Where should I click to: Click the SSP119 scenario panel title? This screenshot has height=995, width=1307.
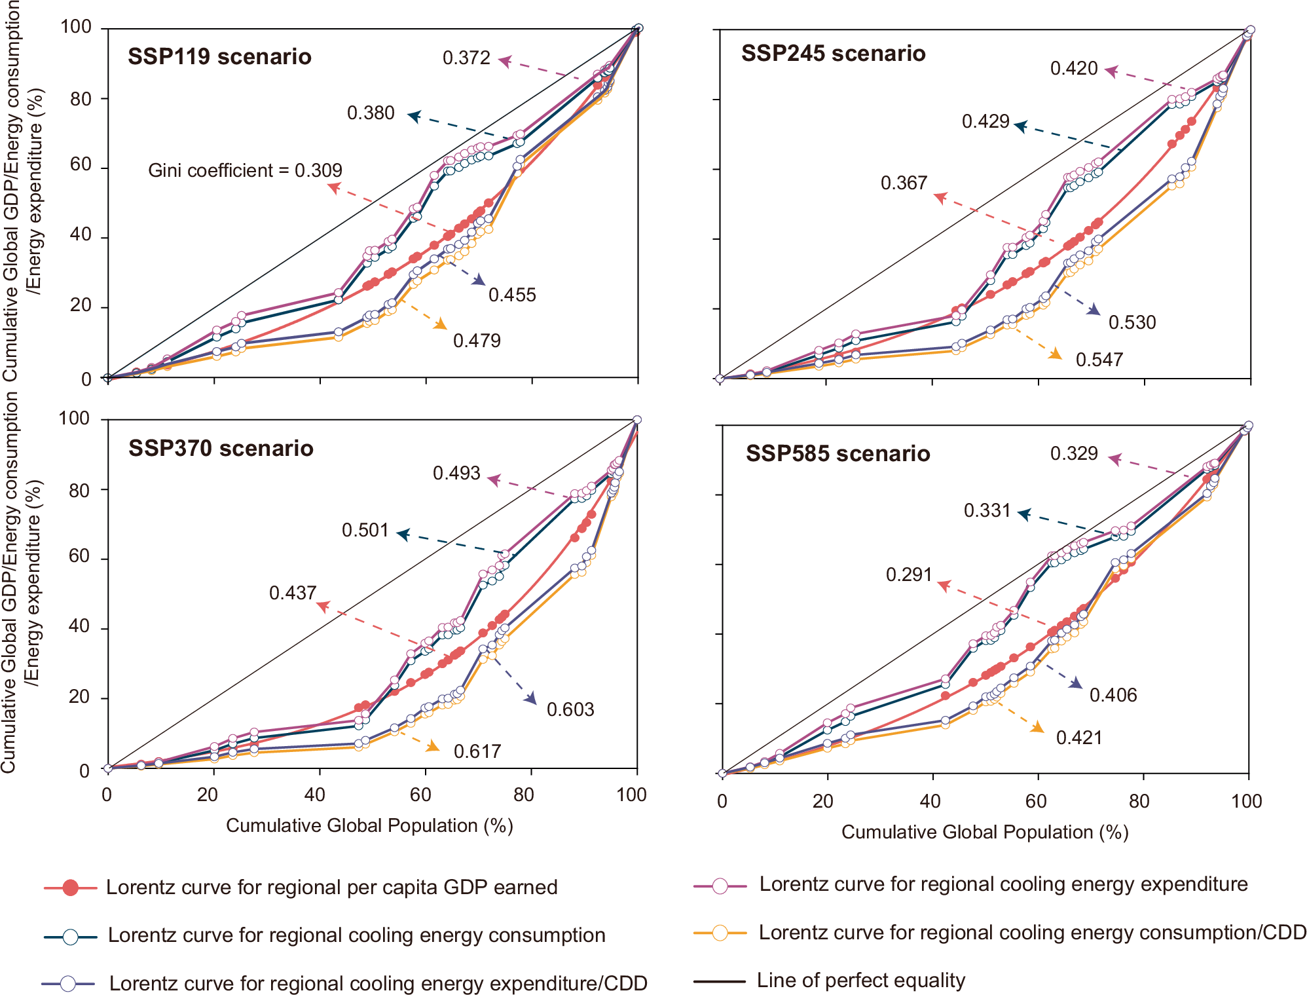219,56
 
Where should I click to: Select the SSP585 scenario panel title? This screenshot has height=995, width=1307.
838,453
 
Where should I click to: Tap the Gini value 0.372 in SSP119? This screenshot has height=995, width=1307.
466,58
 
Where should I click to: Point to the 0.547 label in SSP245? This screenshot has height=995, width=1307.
1099,360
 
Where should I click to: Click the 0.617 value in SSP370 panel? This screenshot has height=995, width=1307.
477,751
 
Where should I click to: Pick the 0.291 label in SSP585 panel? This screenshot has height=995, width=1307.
908,574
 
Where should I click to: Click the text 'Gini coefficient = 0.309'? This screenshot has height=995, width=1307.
245,170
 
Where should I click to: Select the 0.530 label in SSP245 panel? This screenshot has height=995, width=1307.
1132,322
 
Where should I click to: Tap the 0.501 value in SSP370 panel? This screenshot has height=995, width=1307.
365,530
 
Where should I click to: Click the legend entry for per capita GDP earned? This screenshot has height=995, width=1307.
331,887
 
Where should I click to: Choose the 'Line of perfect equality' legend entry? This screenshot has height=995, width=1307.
860,980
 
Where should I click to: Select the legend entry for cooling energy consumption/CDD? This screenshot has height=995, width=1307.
1032,932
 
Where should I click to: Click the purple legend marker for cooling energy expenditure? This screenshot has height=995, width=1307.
720,886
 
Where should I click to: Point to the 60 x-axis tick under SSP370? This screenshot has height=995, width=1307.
420,795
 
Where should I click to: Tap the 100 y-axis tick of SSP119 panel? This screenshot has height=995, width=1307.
76,27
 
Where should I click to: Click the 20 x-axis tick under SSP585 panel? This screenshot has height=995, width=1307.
822,801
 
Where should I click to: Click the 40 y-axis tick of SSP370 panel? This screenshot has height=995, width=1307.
79,626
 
